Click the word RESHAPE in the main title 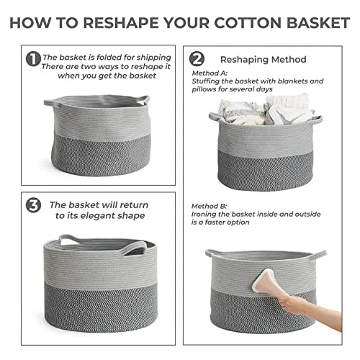pos(121,23)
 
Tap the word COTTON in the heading pos(248,23)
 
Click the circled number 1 pos(33,59)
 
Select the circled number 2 pos(197,59)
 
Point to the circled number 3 pos(33,205)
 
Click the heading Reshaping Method pos(264,60)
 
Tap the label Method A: pos(210,73)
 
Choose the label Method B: pos(209,206)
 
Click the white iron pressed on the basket pos(263,280)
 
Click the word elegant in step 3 pos(100,215)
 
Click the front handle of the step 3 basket pos(135,248)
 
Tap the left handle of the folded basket pos(51,103)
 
